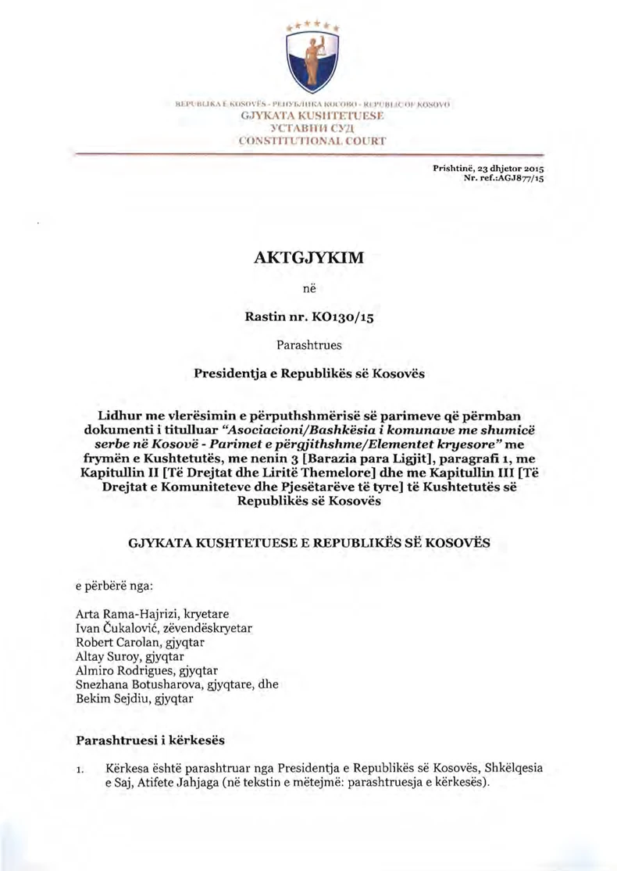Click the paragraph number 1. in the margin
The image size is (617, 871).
tap(80, 770)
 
